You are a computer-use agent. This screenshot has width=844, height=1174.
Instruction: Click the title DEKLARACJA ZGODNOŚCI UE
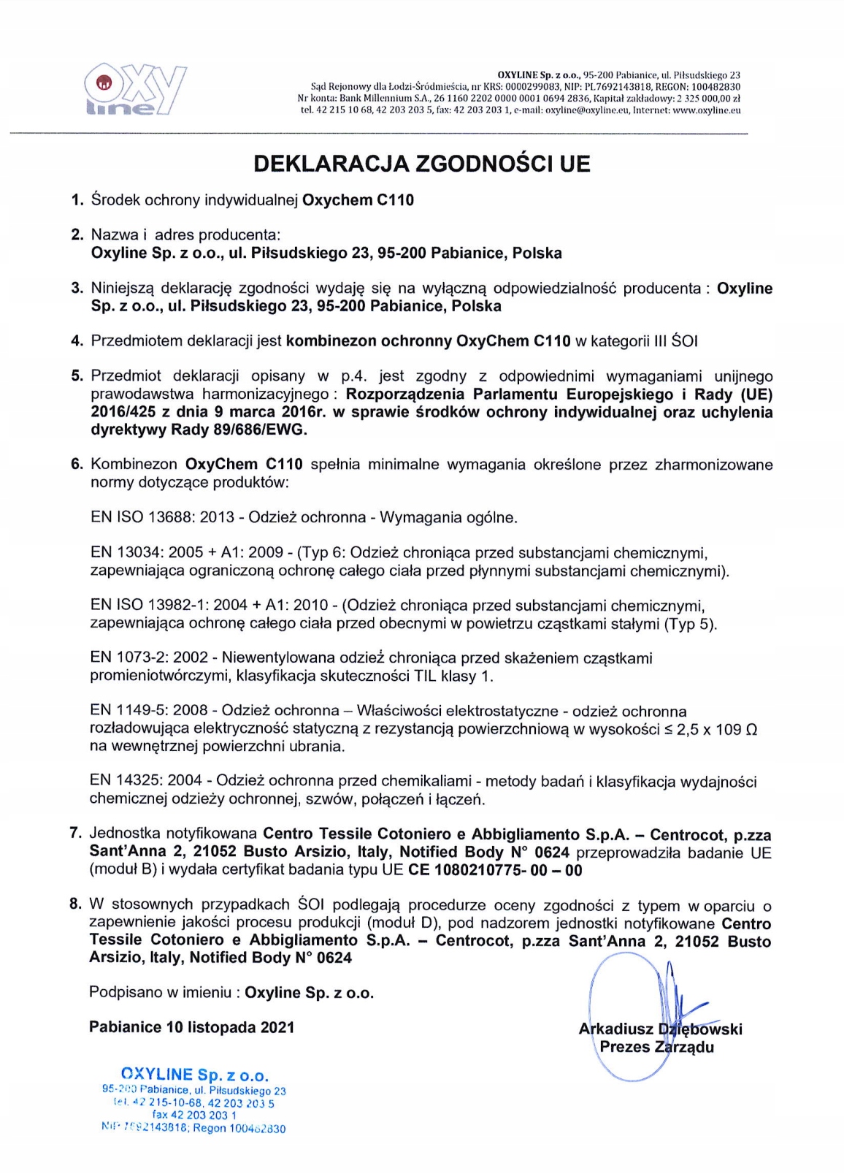click(421, 163)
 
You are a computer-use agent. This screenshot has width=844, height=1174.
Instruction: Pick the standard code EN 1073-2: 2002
click(149, 658)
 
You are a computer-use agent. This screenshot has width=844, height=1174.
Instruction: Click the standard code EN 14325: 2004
click(146, 781)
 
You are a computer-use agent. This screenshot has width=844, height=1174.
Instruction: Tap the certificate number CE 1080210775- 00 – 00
click(495, 870)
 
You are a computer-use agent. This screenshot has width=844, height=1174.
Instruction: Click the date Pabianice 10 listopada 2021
click(191, 1028)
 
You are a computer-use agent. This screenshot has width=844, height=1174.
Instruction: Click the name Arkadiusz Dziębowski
click(660, 1029)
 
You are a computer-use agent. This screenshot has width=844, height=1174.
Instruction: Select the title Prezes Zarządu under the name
click(656, 1047)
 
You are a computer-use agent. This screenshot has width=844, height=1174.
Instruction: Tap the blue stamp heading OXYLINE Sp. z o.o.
click(194, 1075)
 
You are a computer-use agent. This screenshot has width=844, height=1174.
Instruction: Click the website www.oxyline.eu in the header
click(706, 111)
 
